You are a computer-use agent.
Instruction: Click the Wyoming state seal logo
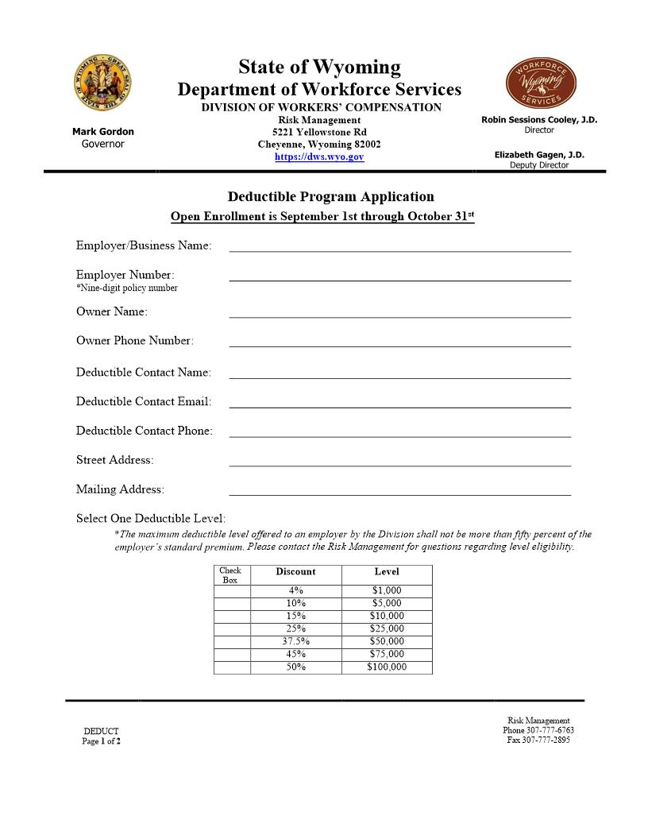102,83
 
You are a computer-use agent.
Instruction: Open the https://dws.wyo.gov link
319,157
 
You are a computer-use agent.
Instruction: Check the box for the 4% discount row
232,590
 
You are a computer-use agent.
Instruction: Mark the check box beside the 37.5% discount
232,641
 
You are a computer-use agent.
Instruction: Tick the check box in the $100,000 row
232,667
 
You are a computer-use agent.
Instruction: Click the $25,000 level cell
387,628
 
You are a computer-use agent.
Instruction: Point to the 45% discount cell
295,654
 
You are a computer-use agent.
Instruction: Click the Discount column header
295,572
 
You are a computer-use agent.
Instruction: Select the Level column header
387,572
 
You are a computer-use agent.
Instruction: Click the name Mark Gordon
103,132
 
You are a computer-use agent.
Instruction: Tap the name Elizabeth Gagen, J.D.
539,155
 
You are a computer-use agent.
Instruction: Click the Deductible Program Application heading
331,196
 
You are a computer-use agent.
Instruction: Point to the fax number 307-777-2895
538,740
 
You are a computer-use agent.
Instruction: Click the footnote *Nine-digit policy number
127,288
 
